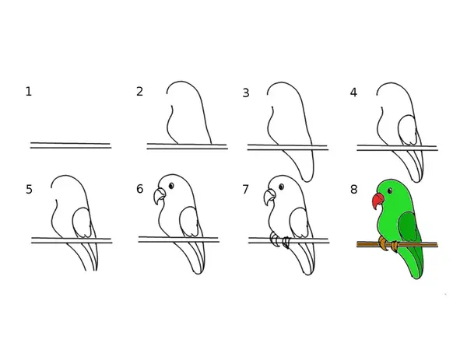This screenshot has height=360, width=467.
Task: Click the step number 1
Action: point(29,92)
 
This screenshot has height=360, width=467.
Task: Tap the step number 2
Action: point(139,91)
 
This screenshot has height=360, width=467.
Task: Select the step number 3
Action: point(246,93)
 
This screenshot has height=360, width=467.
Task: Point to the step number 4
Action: point(353,93)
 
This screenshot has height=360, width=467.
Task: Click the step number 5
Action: point(29,190)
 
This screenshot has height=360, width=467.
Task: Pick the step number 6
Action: point(139,189)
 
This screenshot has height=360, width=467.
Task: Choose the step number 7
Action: point(245,189)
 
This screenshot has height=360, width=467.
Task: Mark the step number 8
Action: point(353,189)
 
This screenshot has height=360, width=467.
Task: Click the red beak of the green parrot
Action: point(377,201)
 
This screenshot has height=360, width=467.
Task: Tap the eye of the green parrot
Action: point(390,190)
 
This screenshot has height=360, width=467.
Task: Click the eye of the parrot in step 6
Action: point(171,186)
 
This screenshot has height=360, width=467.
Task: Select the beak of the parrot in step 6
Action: point(159,196)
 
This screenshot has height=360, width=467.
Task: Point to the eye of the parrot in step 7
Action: point(281,187)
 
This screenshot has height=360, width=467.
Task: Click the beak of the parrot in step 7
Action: point(269,197)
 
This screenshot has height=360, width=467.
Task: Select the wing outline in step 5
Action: point(73,222)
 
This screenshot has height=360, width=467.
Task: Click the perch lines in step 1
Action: point(71,145)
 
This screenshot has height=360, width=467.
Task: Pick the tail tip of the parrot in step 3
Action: point(307,180)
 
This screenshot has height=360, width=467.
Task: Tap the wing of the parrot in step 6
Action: point(189,222)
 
